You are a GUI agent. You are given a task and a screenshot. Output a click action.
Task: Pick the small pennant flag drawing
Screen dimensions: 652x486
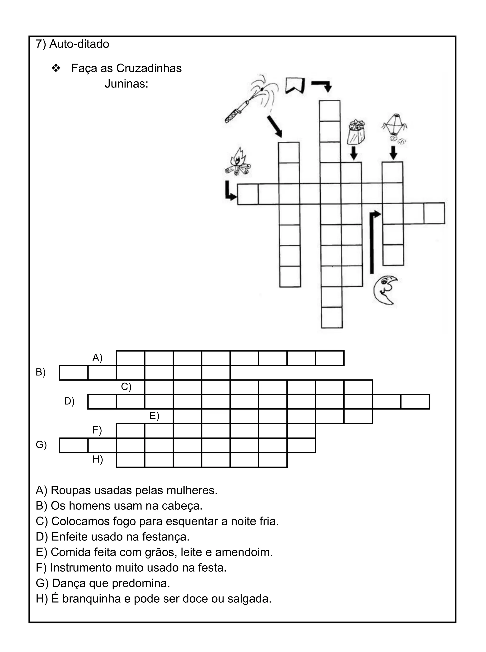294,85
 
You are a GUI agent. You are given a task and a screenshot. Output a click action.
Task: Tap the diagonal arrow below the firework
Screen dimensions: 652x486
275,126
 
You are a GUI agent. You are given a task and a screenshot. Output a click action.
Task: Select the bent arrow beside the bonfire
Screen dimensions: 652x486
230,191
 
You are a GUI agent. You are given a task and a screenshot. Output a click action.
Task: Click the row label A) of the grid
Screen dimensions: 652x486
97,358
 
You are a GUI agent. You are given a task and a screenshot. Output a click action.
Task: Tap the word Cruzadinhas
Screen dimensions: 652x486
149,68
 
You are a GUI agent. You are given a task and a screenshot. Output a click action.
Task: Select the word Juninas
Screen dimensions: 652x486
126,84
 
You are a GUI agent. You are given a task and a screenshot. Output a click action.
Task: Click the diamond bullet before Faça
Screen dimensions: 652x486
56,68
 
